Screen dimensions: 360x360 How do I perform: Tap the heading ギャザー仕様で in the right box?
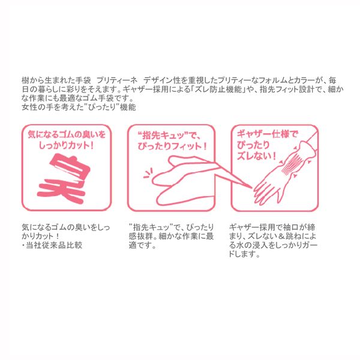tap(268, 134)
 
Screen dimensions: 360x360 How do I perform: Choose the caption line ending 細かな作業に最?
tap(171, 237)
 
